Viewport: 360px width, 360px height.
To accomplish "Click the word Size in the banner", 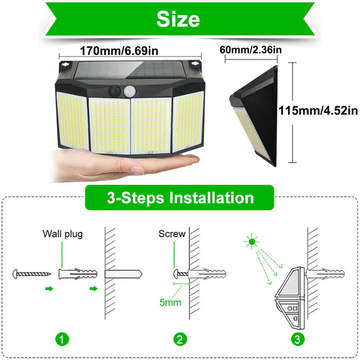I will [x=178, y=19].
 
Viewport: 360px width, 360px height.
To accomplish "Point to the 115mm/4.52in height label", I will [x=318, y=110].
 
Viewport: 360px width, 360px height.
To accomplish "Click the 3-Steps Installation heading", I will [x=180, y=198].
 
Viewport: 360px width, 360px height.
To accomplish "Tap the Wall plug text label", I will [x=62, y=234].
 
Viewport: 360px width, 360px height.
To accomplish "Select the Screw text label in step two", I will [x=172, y=234].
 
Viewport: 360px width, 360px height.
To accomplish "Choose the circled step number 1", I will [x=62, y=339].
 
